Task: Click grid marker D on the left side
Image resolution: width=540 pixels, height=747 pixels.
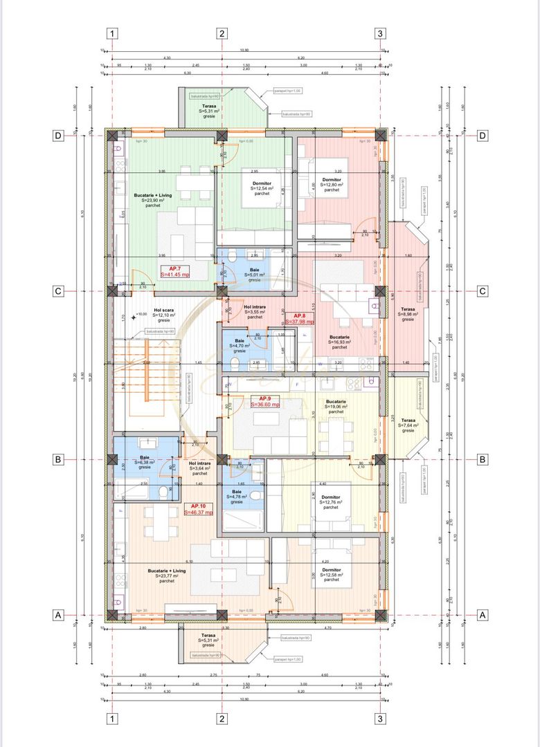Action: point(59,136)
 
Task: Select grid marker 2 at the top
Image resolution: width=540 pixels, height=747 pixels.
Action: point(222,33)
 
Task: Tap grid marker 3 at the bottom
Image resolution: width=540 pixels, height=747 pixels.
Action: point(380,719)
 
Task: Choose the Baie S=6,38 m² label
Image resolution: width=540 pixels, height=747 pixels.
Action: point(144,462)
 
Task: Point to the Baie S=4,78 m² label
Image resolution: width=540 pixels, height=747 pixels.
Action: point(238,497)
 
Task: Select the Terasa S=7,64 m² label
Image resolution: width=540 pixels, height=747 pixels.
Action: point(408,425)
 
